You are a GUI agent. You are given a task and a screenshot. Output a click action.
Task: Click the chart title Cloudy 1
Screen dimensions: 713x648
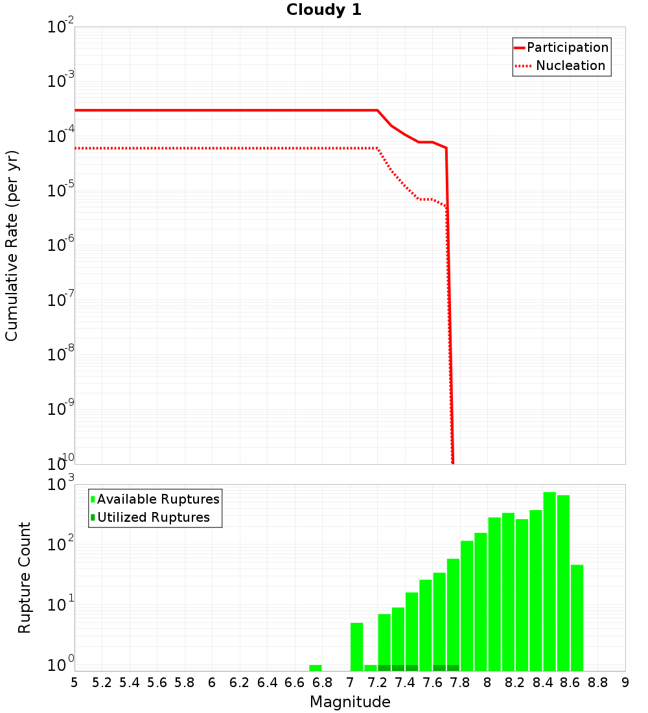324,10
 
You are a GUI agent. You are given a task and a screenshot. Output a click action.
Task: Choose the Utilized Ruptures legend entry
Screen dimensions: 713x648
153,517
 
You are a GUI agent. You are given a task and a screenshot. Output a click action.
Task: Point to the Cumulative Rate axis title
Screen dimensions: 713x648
12,245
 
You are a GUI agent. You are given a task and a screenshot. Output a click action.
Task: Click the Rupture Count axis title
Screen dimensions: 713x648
25,578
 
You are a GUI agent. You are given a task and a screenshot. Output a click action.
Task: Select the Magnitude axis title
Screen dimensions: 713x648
350,702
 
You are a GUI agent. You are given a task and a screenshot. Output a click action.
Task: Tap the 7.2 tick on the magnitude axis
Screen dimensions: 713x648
377,683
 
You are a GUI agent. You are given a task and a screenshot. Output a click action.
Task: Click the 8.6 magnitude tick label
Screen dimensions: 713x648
570,683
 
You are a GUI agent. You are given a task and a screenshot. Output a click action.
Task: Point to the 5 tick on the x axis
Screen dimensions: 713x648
75,683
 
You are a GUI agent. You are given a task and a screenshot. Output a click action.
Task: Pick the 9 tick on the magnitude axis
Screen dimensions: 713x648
625,683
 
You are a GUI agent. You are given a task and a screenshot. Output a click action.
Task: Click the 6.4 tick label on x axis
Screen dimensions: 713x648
267,683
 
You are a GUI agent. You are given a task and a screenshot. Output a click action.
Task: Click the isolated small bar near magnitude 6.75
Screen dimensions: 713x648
316,668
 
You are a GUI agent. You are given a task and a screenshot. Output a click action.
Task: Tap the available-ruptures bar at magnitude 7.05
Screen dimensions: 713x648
356,647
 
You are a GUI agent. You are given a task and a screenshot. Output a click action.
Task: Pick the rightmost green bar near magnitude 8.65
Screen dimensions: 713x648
577,618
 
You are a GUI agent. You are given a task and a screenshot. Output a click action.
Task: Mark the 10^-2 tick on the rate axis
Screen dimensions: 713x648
61,28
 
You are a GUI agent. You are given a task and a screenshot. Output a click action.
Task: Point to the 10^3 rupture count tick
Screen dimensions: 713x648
61,485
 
